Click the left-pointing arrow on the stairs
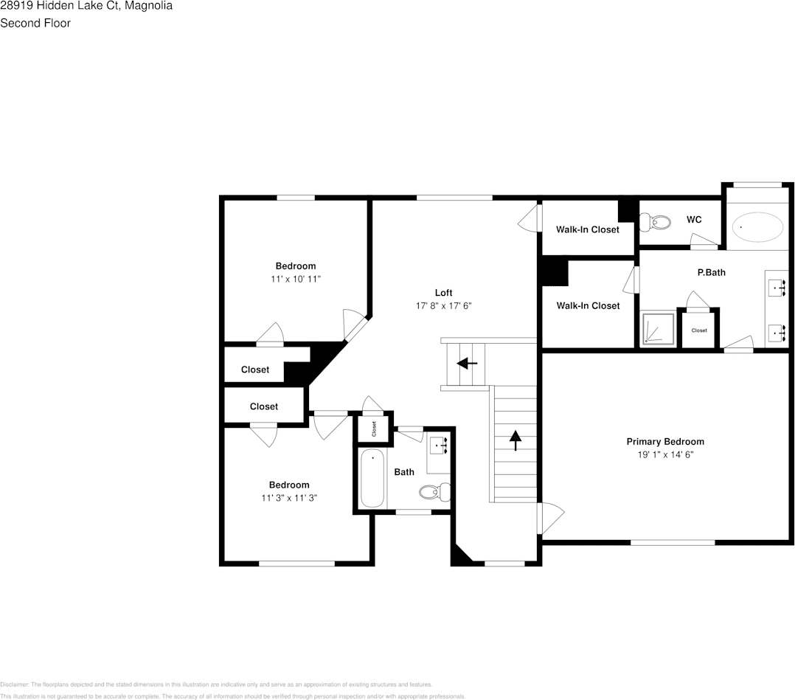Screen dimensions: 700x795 tap(467, 363)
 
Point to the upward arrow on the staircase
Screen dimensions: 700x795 tap(515, 440)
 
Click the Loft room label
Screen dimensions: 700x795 tap(443, 293)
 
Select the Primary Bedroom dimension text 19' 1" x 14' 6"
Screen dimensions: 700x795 tap(665, 455)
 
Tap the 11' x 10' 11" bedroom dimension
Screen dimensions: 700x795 tap(296, 279)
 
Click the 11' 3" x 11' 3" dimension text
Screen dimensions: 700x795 tap(289, 498)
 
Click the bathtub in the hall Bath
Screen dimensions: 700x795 tap(372, 478)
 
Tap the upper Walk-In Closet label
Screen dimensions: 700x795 tap(587, 229)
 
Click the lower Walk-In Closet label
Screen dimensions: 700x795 tap(588, 305)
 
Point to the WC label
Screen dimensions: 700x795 tap(693, 220)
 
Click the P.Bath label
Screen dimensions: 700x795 tap(711, 272)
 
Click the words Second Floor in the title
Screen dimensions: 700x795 tap(35, 23)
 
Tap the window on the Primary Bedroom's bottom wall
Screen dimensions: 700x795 tap(672, 542)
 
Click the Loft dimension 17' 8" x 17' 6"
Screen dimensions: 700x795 tap(443, 305)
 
